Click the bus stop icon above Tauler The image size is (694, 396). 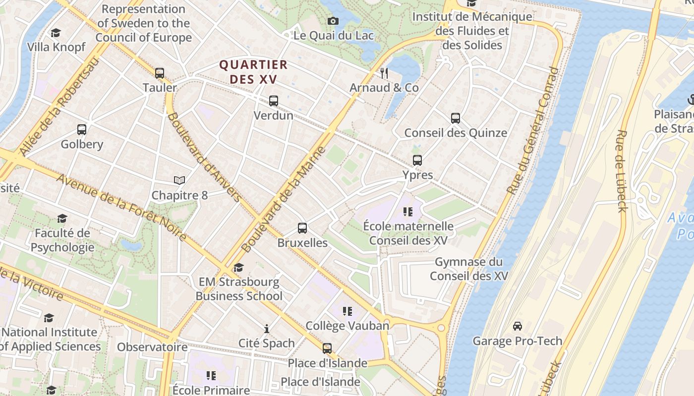tap(159, 73)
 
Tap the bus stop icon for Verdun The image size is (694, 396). tap(273, 101)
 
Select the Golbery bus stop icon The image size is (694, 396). tap(82, 130)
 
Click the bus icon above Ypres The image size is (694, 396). tap(417, 160)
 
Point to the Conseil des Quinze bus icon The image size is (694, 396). tap(456, 118)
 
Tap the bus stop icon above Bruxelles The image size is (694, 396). tap(302, 228)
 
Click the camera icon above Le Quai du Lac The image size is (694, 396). tap(333, 21)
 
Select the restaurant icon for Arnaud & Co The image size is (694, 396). tap(384, 73)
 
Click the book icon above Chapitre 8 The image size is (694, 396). tap(179, 181)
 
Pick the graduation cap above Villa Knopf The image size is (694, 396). tap(56, 33)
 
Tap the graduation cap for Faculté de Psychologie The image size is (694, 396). tap(62, 218)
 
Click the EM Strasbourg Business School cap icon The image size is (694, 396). tap(238, 267)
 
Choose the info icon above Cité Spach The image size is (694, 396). tap(267, 329)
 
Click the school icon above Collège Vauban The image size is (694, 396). tap(347, 311)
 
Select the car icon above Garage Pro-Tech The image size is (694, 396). tap(518, 326)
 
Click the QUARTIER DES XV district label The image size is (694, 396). tap(253, 72)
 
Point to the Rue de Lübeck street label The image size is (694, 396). tap(622, 171)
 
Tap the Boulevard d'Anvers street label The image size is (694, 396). tap(204, 157)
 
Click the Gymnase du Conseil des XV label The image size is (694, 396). tap(468, 269)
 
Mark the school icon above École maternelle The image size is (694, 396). tap(408, 212)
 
